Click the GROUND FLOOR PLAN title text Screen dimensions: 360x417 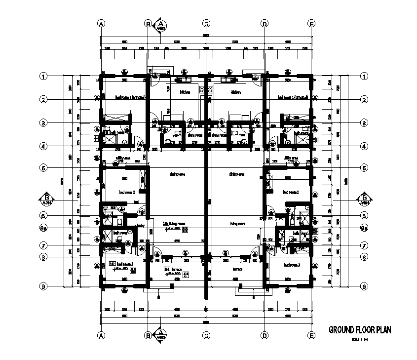360,330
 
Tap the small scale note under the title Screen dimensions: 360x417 360,339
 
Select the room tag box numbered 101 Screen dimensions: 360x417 165,223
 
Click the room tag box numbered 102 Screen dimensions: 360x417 112,264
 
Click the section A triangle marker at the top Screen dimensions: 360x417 161,25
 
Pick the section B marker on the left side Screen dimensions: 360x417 47,199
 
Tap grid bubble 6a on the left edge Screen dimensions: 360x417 44,228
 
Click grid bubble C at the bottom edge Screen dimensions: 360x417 206,336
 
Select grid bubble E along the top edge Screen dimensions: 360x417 311,23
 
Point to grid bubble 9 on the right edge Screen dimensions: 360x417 364,286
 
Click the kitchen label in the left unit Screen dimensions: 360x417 171,92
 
